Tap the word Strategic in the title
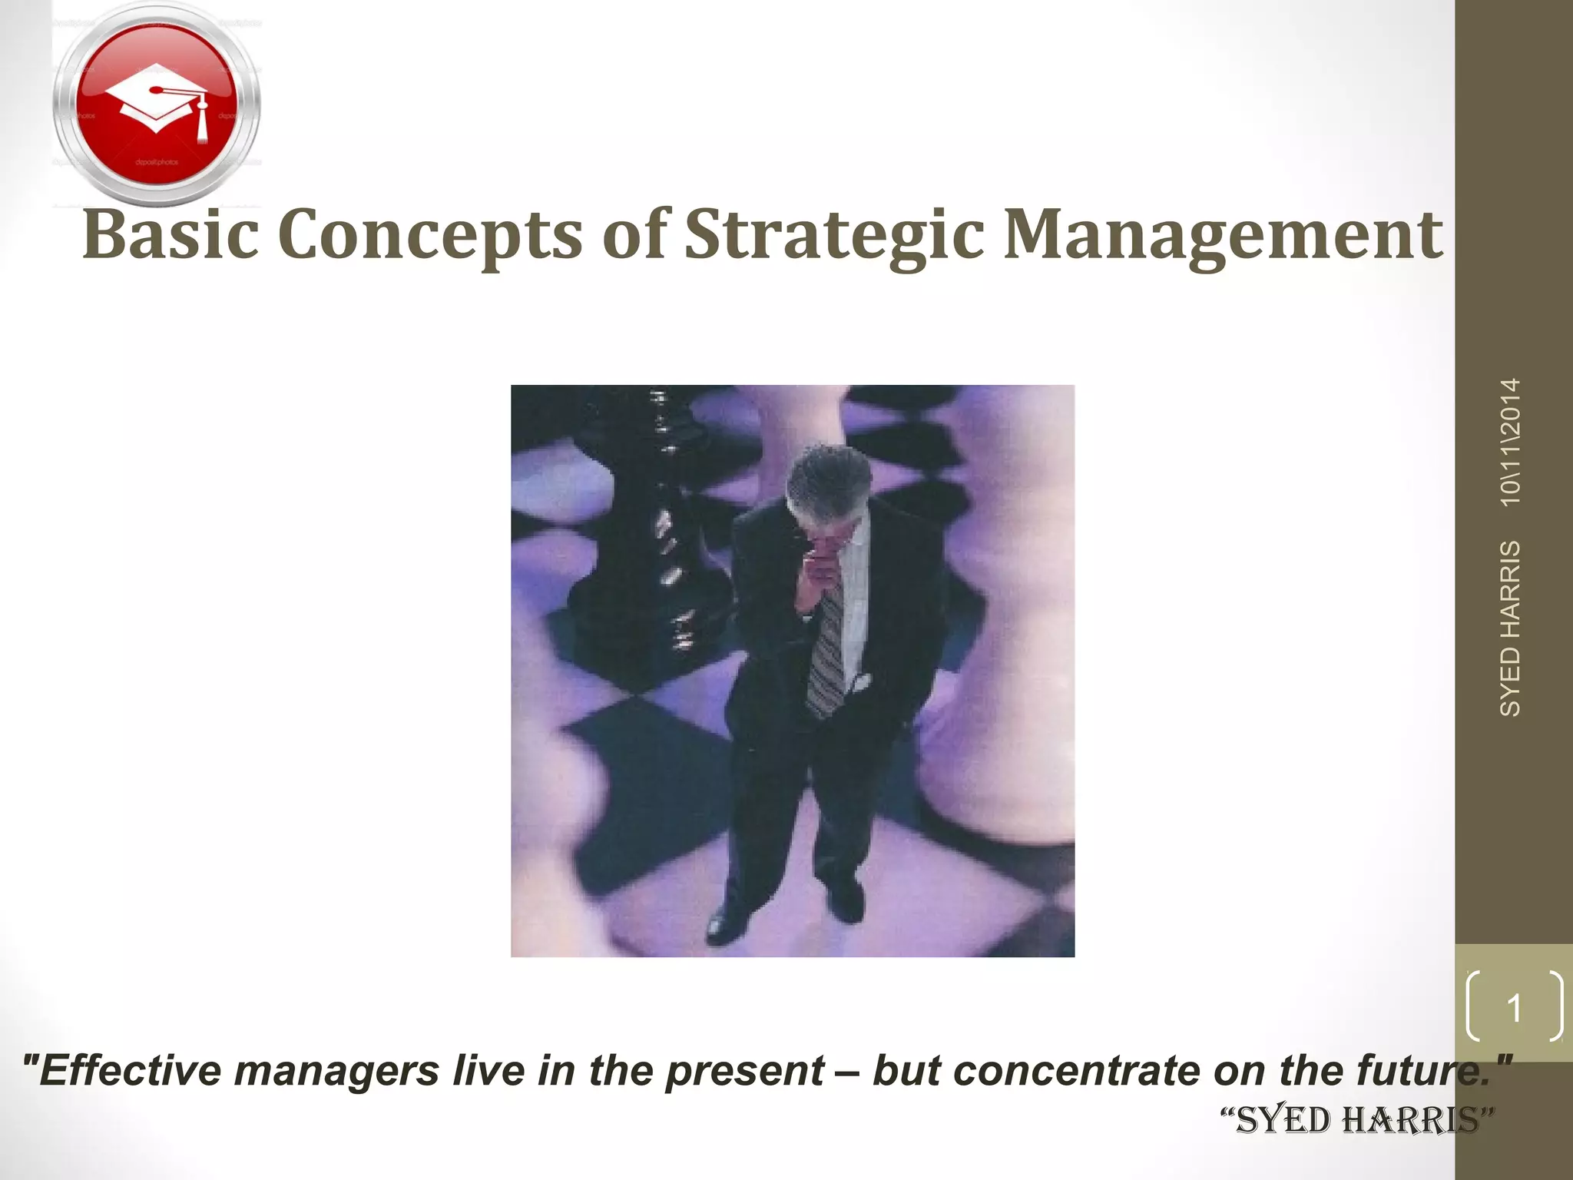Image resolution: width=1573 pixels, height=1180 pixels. [833, 235]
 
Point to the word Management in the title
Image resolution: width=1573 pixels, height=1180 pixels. [1223, 235]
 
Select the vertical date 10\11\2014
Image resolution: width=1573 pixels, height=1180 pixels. [1510, 442]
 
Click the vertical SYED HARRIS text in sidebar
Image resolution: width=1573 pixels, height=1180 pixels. [1510, 628]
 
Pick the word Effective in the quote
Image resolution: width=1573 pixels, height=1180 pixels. [125, 1071]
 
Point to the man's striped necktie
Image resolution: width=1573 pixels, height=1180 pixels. [826, 653]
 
